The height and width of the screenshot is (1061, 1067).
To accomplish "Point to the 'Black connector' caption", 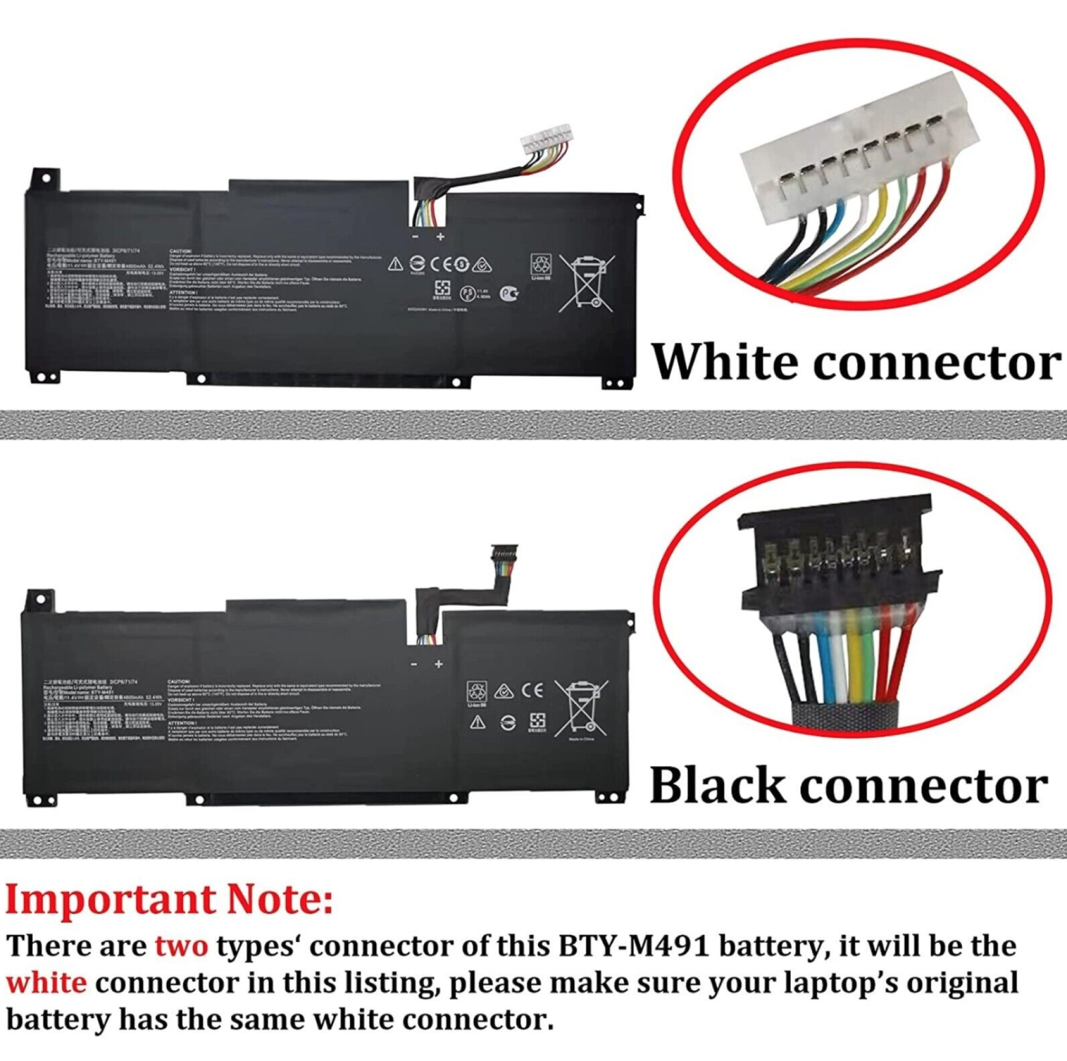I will point(849,786).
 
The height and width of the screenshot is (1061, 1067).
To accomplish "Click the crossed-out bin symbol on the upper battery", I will point(587,282).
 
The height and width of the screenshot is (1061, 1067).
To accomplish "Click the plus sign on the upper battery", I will point(441,237).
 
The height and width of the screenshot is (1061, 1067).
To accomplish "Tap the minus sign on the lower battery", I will point(414,665).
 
